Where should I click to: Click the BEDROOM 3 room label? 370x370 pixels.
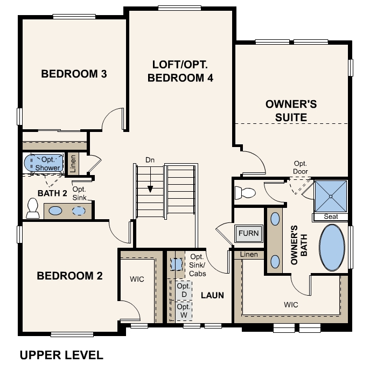coord(74,74)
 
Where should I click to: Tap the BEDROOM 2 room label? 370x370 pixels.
coord(69,276)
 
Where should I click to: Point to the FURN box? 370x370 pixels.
coord(249,234)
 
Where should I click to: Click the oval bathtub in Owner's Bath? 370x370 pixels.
coord(332,248)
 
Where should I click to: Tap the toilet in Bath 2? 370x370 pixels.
coord(32,208)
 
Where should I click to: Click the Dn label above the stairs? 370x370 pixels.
coord(150,160)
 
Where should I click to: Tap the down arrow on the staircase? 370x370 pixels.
coord(150,189)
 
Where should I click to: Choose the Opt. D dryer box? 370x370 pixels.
coord(182,290)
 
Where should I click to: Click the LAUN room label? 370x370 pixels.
coord(212,295)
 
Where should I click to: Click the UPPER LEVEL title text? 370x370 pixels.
coord(61,355)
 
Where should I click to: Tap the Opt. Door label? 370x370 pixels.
coord(301,167)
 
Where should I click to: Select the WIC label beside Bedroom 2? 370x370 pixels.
coord(136,280)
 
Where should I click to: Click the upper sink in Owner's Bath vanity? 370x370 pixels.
coord(275,219)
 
